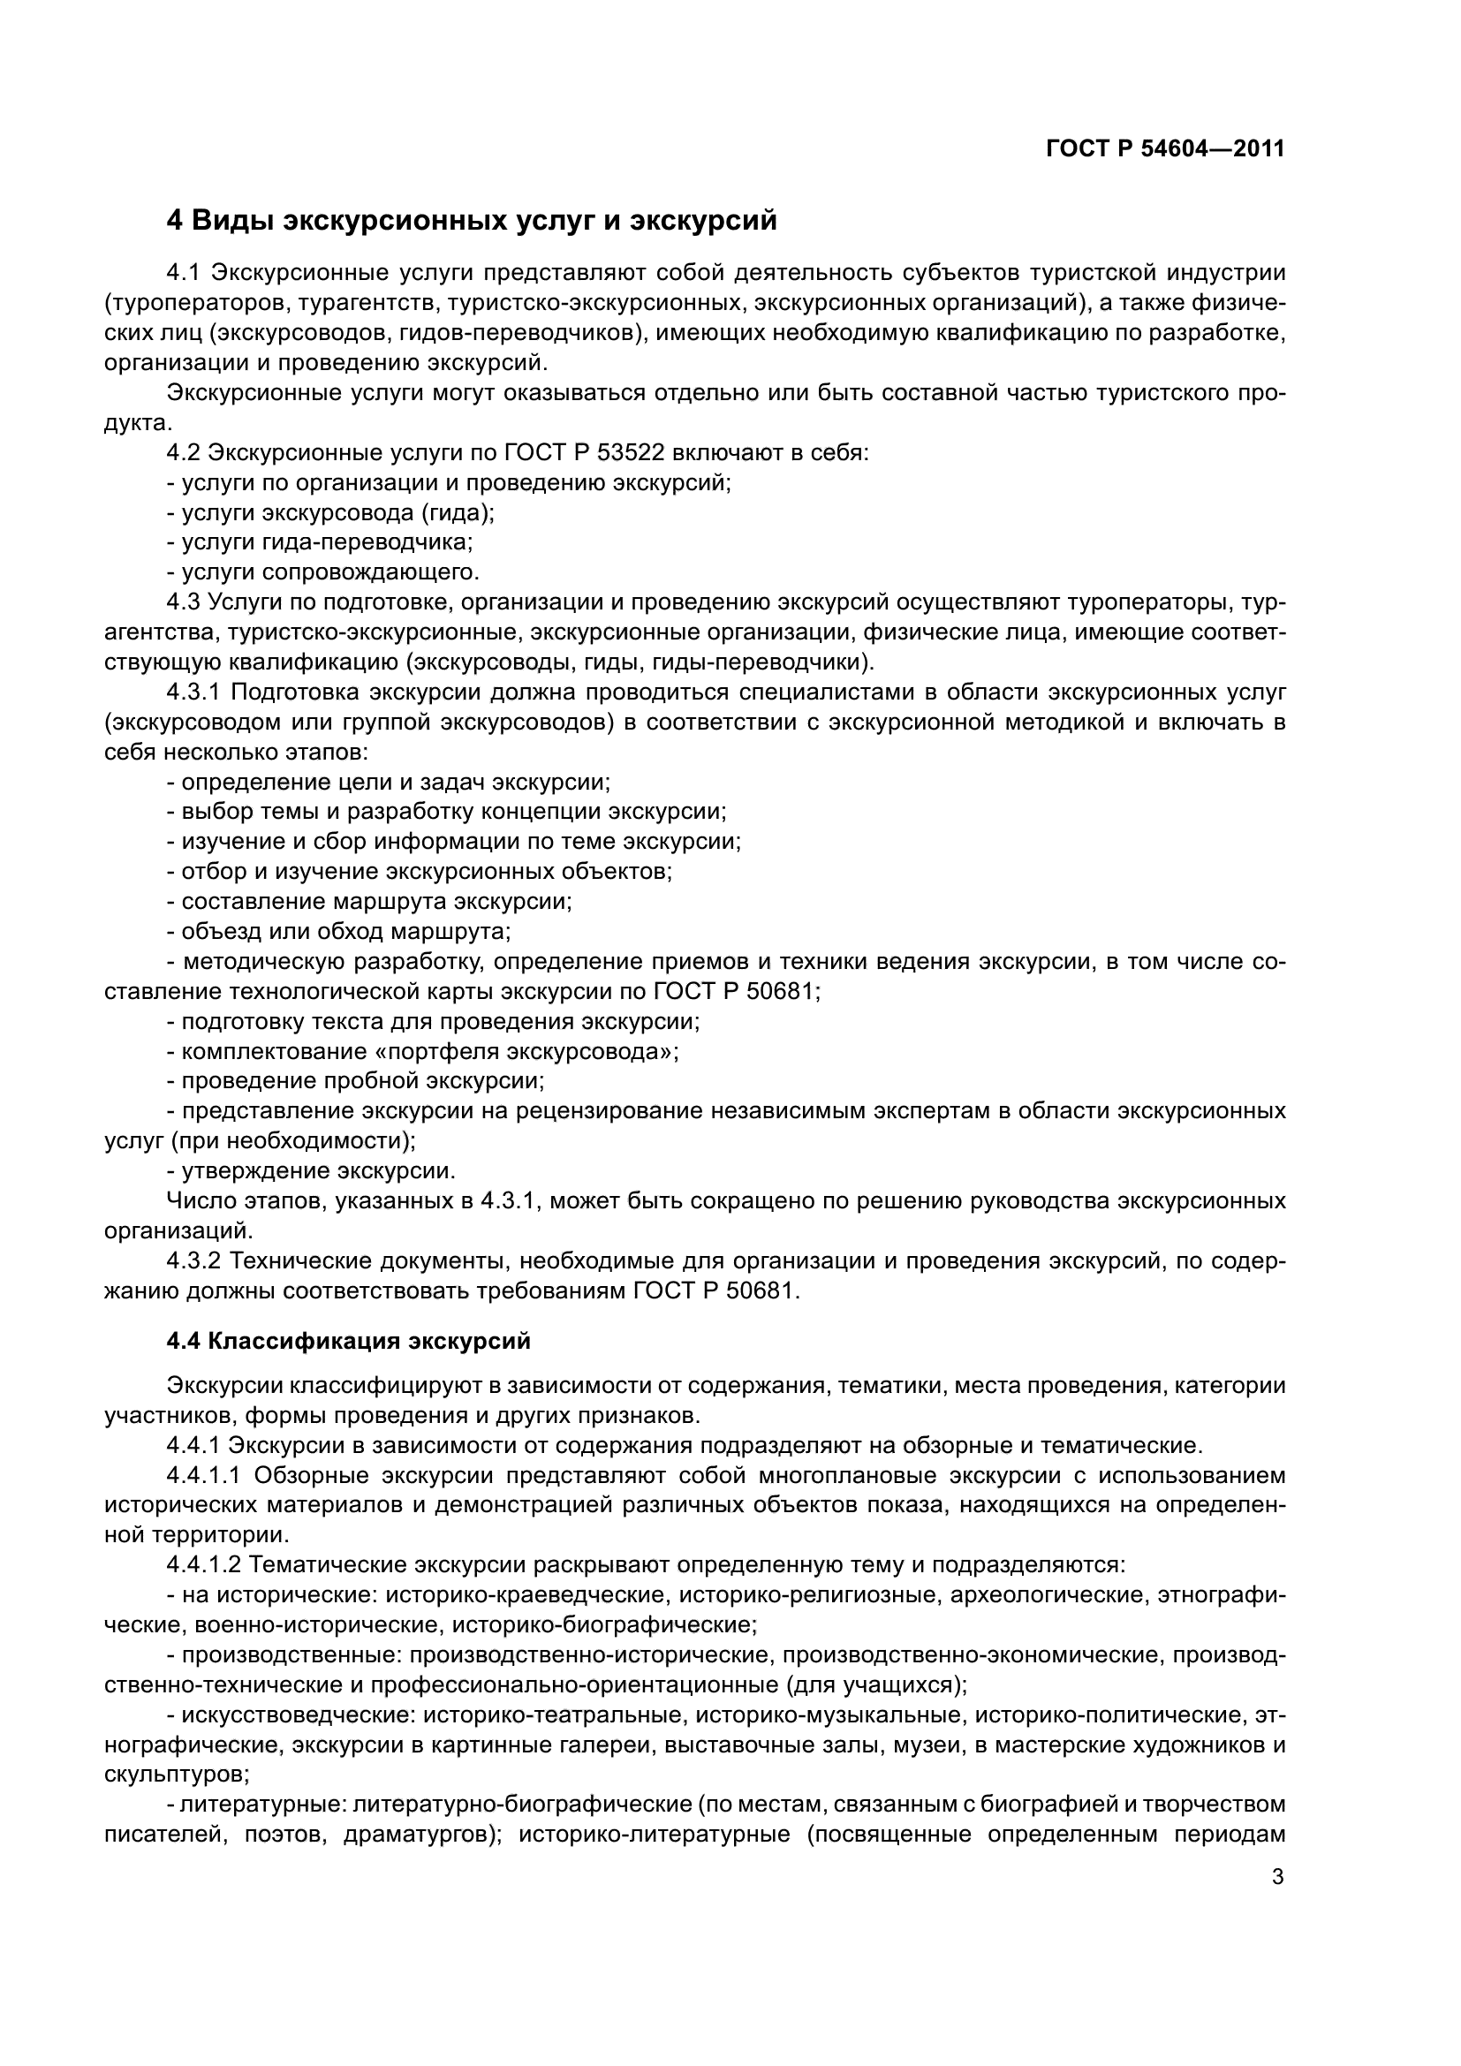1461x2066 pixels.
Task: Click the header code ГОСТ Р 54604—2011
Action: click(1165, 149)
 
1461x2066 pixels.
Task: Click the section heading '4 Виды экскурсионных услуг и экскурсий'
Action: click(472, 221)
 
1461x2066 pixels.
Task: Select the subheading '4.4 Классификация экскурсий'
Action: click(348, 1342)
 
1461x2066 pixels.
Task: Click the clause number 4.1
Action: click(186, 273)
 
